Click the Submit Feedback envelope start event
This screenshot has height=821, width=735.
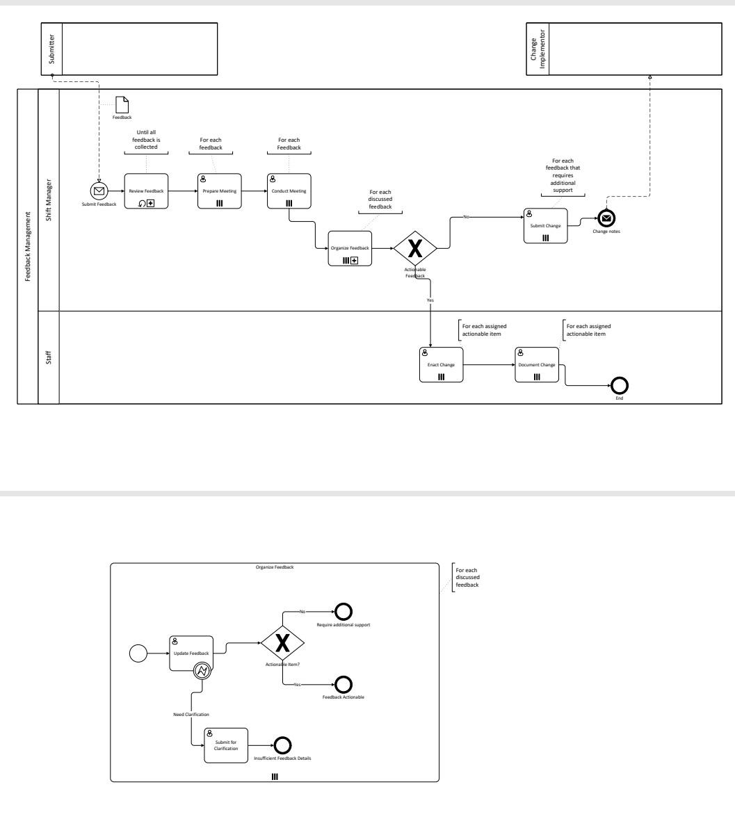click(99, 190)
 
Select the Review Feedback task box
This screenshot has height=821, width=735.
click(147, 190)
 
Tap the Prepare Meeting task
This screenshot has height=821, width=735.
click(219, 190)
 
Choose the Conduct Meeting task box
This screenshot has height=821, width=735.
click(289, 190)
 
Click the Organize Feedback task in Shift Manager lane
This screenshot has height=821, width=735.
click(350, 248)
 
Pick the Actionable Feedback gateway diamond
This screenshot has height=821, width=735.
click(414, 248)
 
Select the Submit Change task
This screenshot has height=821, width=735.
click(546, 226)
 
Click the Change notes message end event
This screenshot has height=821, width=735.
click(606, 218)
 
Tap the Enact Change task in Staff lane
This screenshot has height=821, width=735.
click(441, 364)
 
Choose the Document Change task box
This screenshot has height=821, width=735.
click(537, 364)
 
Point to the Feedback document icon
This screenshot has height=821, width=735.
click(122, 104)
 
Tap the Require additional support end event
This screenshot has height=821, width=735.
click(343, 611)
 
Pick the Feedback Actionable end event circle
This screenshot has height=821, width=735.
click(343, 684)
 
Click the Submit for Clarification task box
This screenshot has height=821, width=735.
click(226, 746)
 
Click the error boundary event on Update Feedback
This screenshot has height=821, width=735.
click(203, 672)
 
